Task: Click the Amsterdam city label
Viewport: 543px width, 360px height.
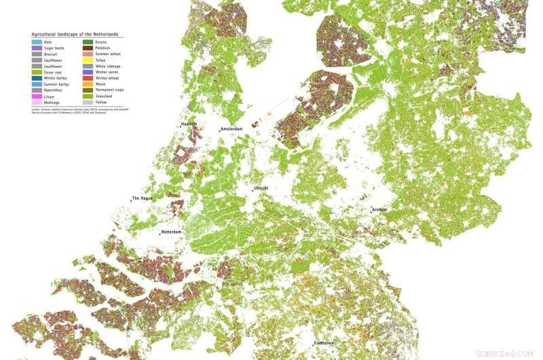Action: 231,128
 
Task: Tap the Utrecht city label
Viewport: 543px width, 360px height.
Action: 261,188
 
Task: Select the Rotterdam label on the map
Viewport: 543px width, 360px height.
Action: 171,232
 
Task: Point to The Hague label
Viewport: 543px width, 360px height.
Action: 142,198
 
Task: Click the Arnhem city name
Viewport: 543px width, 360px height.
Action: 379,209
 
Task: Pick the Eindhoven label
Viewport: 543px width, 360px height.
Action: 324,344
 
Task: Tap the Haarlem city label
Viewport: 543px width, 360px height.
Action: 189,125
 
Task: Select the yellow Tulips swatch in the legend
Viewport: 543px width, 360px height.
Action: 88,60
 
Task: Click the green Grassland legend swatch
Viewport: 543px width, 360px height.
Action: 88,96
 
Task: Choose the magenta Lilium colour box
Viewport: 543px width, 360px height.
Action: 37,96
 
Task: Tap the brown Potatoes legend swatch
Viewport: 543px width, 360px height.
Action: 88,48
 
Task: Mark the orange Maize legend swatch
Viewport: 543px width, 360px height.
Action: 88,84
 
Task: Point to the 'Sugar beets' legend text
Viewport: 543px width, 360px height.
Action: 54,48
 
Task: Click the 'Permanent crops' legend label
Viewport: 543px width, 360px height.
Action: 108,90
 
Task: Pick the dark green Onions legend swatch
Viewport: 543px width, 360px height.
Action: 88,42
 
